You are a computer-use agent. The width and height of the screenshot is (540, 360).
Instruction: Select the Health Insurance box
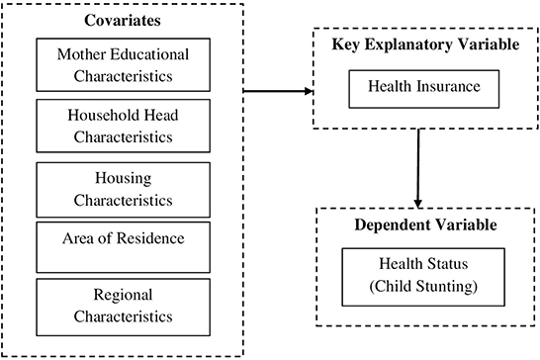[x=423, y=88]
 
